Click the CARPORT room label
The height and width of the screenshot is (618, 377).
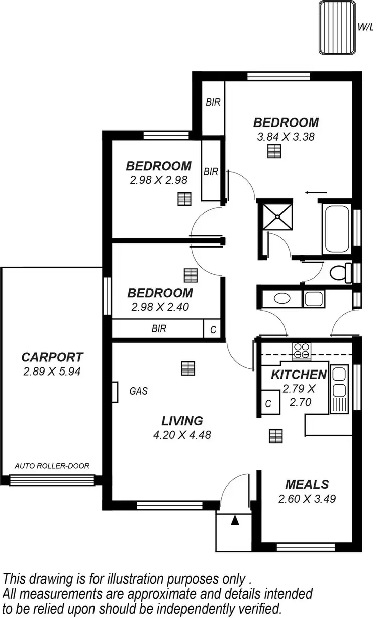[52, 357]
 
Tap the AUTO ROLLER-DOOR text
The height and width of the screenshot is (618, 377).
[52, 466]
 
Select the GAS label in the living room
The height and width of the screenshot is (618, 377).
[139, 391]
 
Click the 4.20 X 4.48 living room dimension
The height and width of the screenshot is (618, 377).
[182, 435]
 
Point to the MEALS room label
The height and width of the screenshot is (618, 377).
[307, 484]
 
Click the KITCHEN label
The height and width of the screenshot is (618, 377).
[299, 375]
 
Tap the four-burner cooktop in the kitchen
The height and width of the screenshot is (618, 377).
[302, 351]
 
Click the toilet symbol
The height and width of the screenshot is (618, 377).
[341, 272]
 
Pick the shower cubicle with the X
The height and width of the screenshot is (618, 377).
[275, 216]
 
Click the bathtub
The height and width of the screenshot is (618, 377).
[336, 228]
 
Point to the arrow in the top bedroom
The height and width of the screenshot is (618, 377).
[316, 192]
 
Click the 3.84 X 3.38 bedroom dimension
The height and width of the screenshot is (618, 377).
[286, 136]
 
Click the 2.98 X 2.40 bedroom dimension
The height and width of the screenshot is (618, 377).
[160, 307]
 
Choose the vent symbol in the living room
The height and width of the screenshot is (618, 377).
[187, 368]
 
